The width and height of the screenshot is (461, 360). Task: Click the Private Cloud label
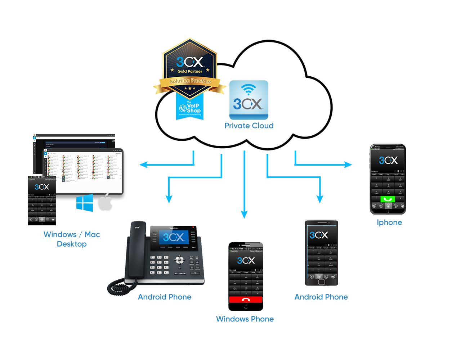coord(249,126)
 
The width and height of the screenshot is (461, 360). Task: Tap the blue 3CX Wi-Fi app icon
coord(249,100)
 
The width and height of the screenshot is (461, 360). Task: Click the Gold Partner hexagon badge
coord(190,67)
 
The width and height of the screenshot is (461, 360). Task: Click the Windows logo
coord(85,203)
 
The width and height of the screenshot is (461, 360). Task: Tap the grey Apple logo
coord(105,202)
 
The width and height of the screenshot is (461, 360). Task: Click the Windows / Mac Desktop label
coord(72,239)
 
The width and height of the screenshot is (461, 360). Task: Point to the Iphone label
coord(389,222)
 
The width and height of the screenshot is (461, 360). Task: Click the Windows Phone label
coord(245,319)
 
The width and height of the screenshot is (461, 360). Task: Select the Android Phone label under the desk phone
coord(165,297)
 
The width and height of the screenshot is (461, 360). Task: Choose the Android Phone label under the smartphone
coord(321,297)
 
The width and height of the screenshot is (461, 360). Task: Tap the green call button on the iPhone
coord(388,199)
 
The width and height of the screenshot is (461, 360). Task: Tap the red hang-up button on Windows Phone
coord(246,300)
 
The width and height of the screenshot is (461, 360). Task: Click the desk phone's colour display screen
coord(173,237)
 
